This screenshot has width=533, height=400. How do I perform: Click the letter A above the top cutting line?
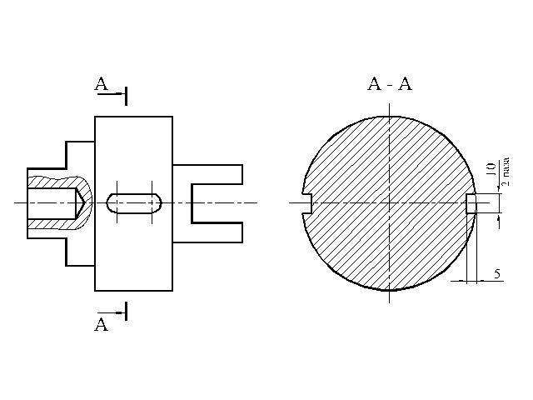click(102, 83)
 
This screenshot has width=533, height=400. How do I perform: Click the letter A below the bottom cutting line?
click(102, 325)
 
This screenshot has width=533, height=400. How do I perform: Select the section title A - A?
click(389, 84)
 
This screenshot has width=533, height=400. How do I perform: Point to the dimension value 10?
click(491, 169)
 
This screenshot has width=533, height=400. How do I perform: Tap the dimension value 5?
click(496, 273)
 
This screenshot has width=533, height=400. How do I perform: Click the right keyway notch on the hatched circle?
click(471, 202)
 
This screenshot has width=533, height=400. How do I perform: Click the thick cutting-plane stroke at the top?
click(126, 94)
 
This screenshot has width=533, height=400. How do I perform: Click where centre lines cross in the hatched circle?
click(389, 202)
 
